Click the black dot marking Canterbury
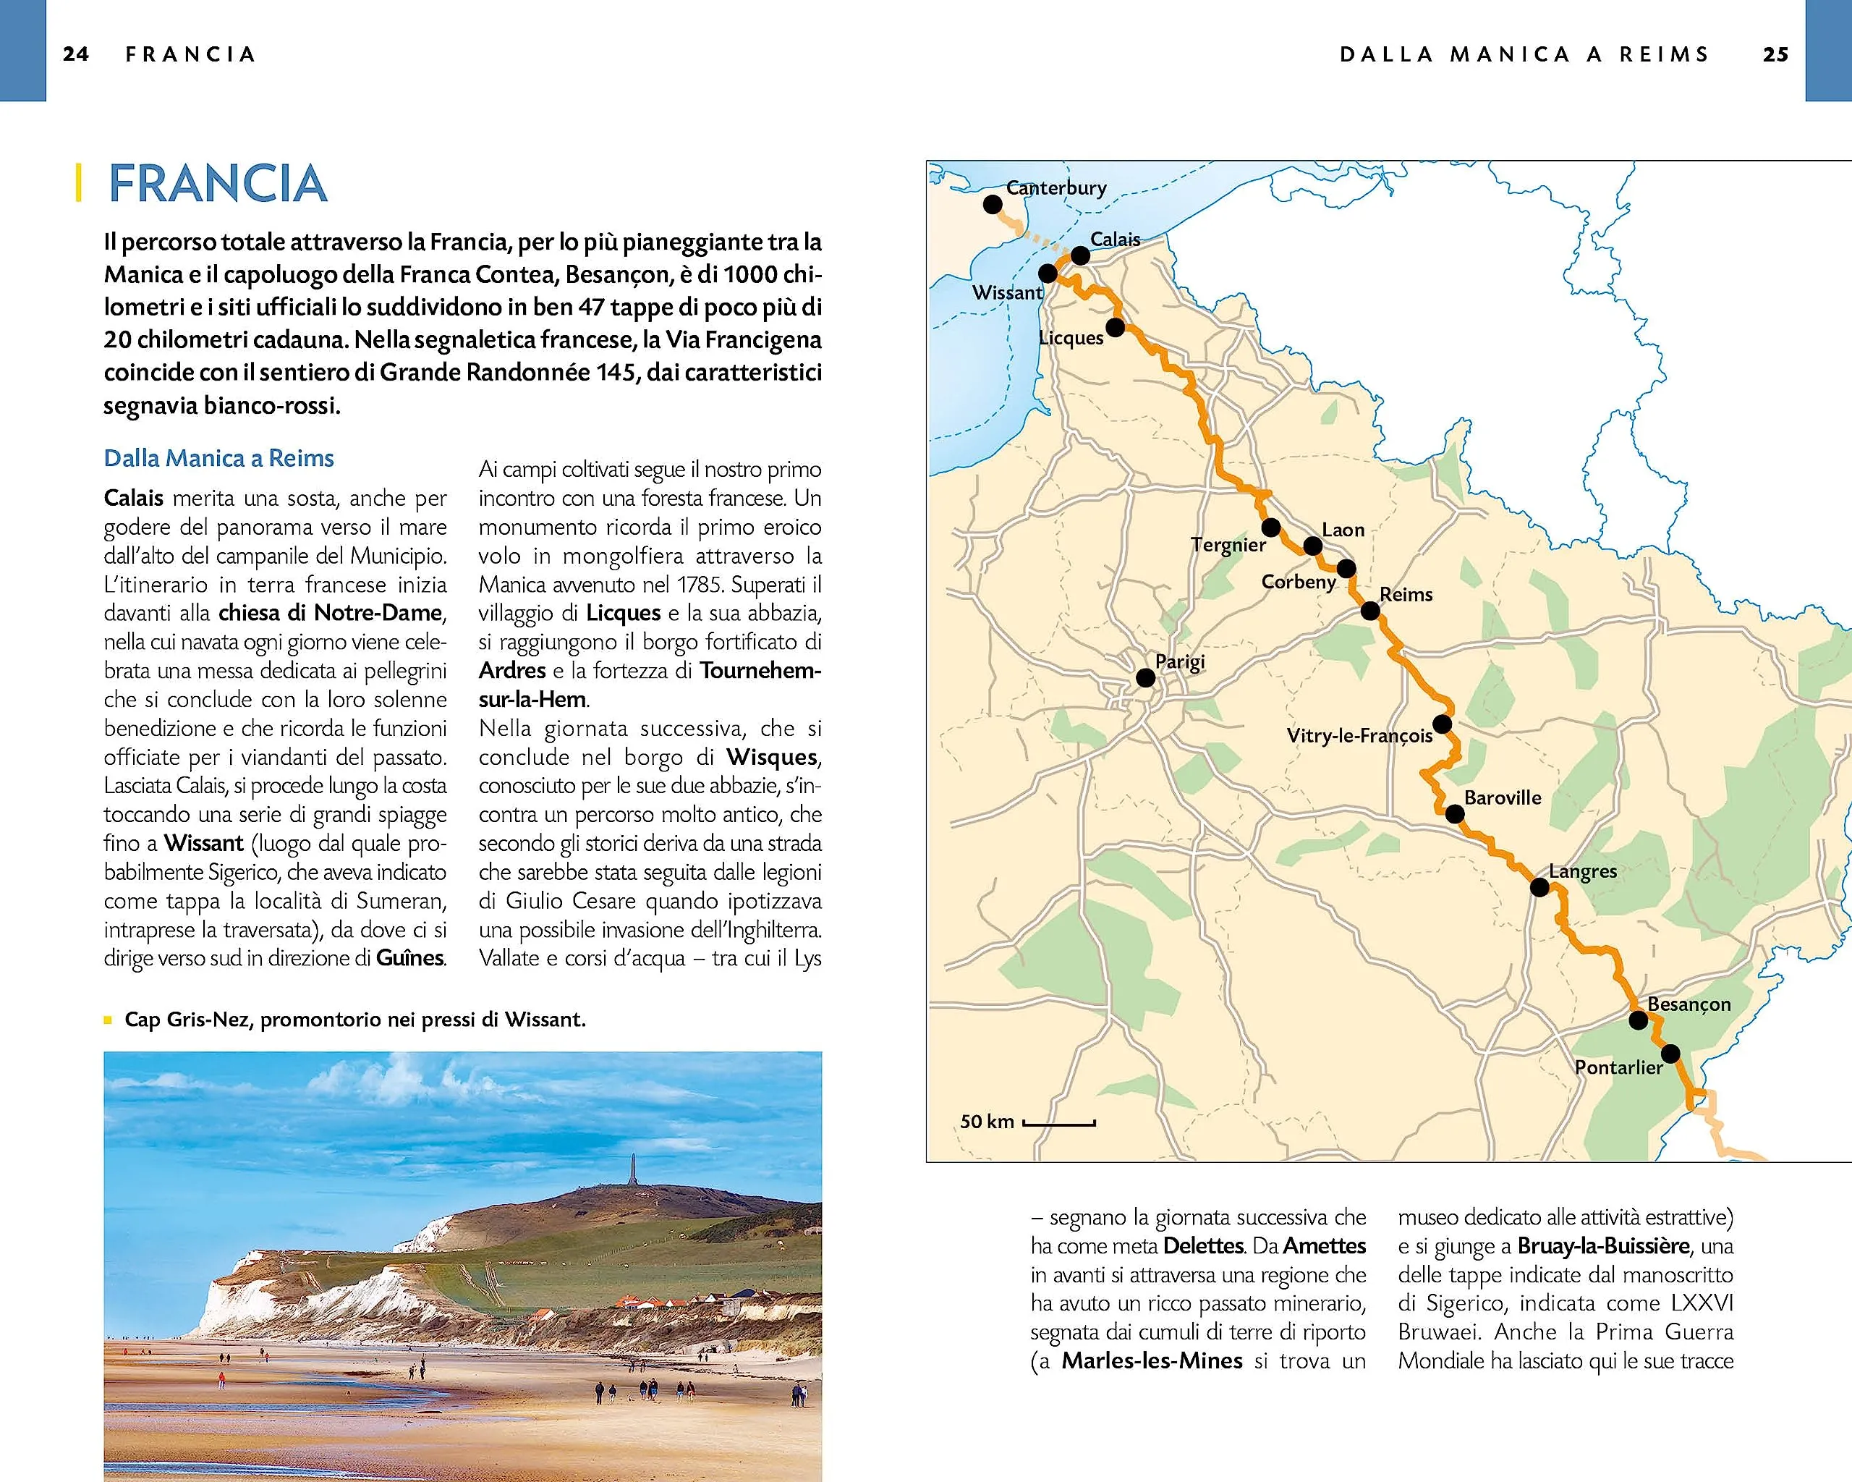point(992,205)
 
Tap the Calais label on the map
point(1115,239)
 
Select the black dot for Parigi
point(1145,678)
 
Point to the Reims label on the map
point(1406,595)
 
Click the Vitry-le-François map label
point(1359,735)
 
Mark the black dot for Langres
point(1539,887)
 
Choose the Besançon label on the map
point(1689,1004)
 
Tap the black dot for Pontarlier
point(1670,1054)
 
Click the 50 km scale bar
point(1058,1123)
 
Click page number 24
point(75,54)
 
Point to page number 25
point(1775,54)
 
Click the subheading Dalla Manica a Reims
point(218,458)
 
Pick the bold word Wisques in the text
point(770,757)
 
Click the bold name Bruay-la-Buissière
point(1603,1246)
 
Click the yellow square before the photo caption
point(109,1020)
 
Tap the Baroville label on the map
point(1503,797)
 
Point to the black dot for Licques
point(1115,327)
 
